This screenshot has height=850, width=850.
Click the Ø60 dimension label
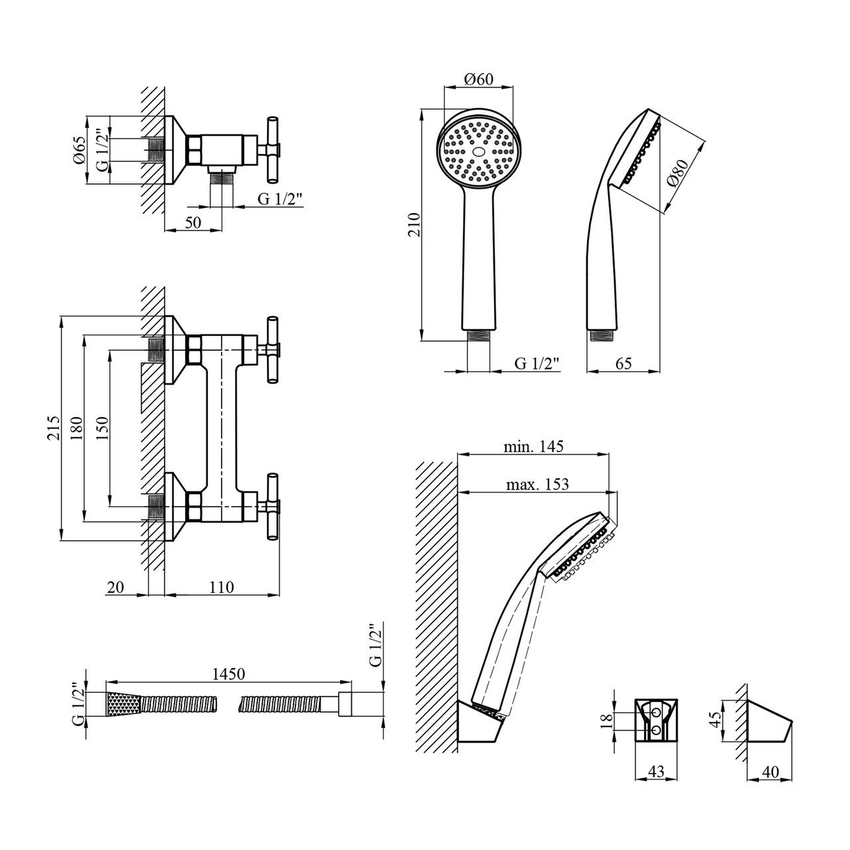pyautogui.click(x=479, y=79)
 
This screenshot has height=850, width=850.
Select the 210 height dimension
pyautogui.click(x=412, y=226)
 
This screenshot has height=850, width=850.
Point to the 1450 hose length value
pyautogui.click(x=229, y=673)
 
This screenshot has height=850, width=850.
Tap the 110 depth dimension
pyautogui.click(x=222, y=587)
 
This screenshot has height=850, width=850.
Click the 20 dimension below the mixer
pyautogui.click(x=115, y=587)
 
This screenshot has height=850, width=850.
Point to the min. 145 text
pyautogui.click(x=533, y=447)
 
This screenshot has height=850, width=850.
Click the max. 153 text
pyautogui.click(x=538, y=484)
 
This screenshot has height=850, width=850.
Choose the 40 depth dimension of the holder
pyautogui.click(x=771, y=771)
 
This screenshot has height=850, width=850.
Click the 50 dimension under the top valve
pyautogui.click(x=193, y=223)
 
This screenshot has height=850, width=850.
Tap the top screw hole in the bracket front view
pyautogui.click(x=657, y=712)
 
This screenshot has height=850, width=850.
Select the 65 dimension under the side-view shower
pyautogui.click(x=622, y=363)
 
